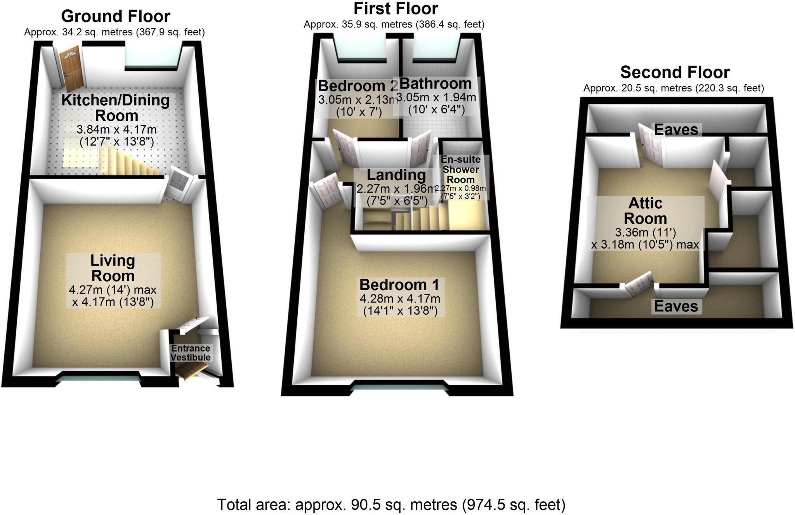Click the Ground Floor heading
(x=116, y=16)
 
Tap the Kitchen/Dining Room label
(x=116, y=108)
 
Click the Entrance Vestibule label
(x=191, y=353)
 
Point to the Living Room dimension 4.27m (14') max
(x=113, y=290)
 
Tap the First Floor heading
(x=396, y=9)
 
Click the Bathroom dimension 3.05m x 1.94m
(x=436, y=97)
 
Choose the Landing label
(x=396, y=175)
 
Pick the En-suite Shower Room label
(x=461, y=170)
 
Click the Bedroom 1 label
(x=399, y=285)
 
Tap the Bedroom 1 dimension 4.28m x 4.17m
(x=400, y=299)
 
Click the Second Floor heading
(x=675, y=72)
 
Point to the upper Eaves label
(x=676, y=130)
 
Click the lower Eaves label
(x=676, y=306)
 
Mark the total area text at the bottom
(x=391, y=505)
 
